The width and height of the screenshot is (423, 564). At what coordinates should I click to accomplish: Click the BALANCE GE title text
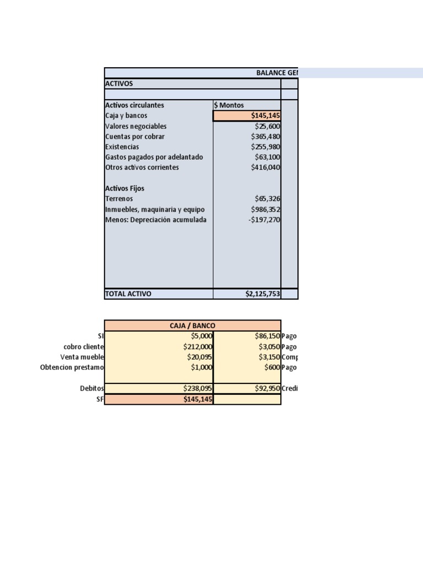[x=277, y=73]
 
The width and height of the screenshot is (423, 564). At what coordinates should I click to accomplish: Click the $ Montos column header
[x=229, y=105]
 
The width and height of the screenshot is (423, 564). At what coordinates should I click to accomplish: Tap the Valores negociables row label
[x=135, y=126]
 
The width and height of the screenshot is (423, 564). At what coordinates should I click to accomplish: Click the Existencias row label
[x=122, y=147]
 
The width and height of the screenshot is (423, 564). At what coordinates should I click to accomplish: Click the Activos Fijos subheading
[x=124, y=188]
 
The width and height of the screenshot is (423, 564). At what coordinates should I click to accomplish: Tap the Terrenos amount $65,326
[x=268, y=199]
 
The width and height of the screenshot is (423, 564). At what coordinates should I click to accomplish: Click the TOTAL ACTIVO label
[x=128, y=294]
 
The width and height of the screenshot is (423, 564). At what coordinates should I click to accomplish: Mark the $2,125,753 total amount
[x=263, y=294]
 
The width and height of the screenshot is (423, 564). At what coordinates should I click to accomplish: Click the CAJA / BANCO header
[x=192, y=326]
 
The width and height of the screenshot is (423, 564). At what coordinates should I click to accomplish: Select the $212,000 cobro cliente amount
[x=198, y=347]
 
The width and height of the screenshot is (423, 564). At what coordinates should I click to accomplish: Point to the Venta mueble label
[x=81, y=357]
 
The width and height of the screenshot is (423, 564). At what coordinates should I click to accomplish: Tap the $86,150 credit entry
[x=267, y=336]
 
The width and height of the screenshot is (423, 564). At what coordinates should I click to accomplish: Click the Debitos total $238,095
[x=198, y=388]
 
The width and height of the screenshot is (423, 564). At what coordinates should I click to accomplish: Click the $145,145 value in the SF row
[x=198, y=399]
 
